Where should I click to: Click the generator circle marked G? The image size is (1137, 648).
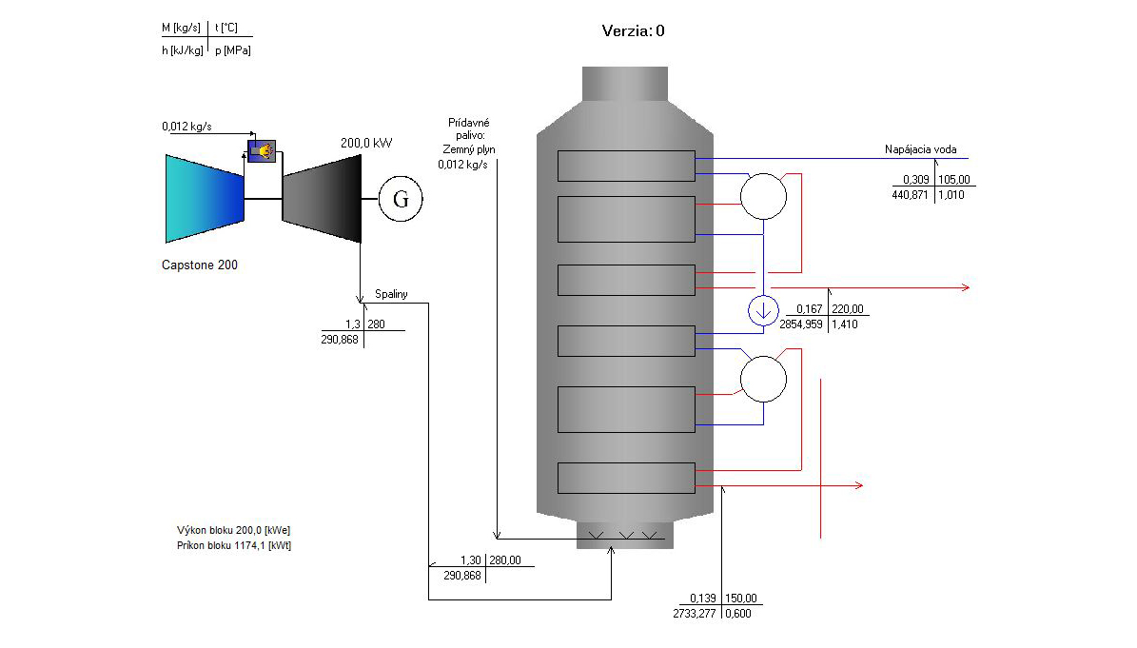pos(401,199)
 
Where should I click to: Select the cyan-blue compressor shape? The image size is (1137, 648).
pos(205,198)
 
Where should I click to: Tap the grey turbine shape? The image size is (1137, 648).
pos(323,199)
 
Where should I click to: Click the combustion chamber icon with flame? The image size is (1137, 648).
pos(261,150)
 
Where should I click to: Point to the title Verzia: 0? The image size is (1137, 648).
pos(633,30)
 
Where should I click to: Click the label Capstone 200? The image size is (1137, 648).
pos(200,265)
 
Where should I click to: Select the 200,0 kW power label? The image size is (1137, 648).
pos(366,144)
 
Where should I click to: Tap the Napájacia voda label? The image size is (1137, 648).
pos(920,149)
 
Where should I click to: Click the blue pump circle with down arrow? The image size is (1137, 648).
pos(762,311)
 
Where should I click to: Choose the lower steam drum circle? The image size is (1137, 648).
pos(763,380)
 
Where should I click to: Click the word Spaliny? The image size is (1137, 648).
pos(391,294)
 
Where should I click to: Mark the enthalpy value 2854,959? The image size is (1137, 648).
pos(799,324)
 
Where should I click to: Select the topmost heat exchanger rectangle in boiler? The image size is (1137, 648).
pos(625,166)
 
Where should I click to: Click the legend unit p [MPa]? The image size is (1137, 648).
pos(233,49)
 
